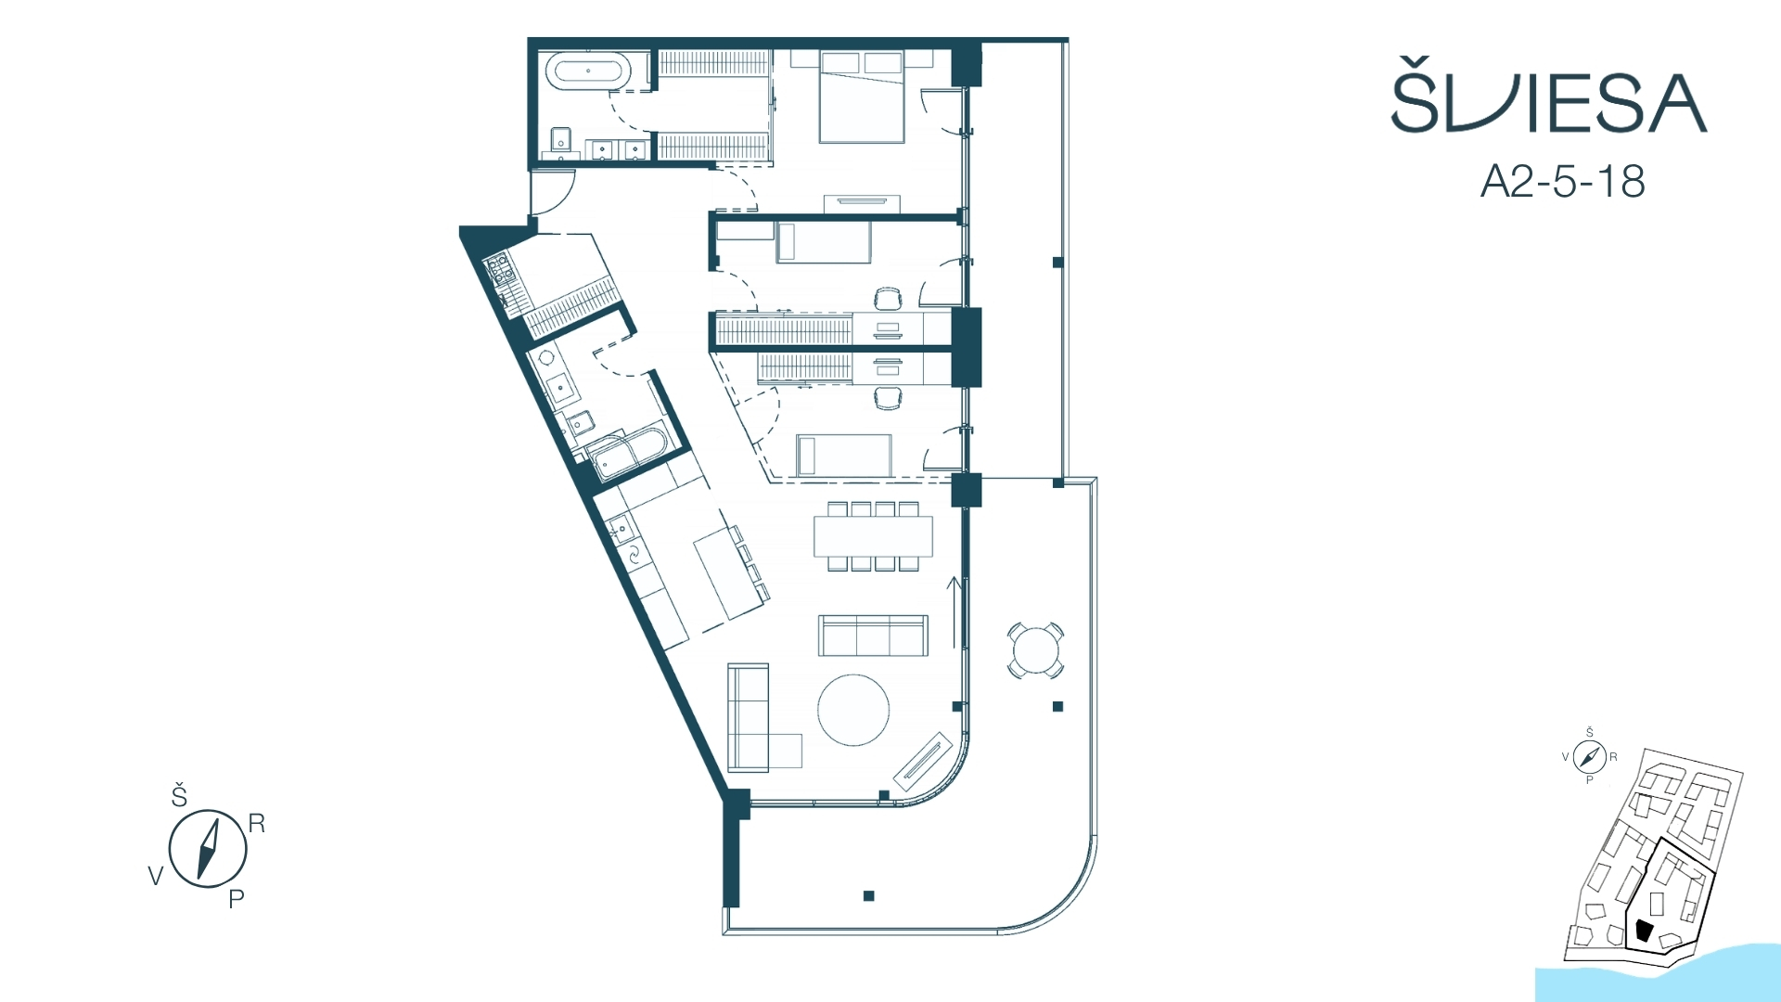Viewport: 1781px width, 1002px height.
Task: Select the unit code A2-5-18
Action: tap(1563, 181)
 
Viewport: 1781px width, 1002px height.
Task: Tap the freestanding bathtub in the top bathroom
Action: tap(588, 71)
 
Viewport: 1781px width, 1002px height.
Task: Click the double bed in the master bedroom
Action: tap(861, 96)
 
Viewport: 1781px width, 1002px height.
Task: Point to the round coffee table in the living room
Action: tap(853, 710)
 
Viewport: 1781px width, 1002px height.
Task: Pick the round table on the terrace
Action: tap(1035, 649)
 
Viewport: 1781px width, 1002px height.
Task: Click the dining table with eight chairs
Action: tap(873, 536)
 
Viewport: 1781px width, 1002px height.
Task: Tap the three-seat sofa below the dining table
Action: tap(873, 636)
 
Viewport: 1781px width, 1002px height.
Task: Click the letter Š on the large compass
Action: tap(179, 795)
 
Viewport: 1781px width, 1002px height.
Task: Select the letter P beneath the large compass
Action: tap(237, 898)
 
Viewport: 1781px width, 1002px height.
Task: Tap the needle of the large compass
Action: tap(208, 848)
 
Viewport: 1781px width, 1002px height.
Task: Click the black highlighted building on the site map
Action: tap(1644, 930)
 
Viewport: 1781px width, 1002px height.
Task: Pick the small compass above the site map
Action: tap(1589, 757)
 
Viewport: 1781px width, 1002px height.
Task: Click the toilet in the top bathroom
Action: tap(559, 141)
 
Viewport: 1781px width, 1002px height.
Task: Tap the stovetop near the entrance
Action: tap(499, 268)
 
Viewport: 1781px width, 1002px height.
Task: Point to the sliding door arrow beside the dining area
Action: tap(954, 612)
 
